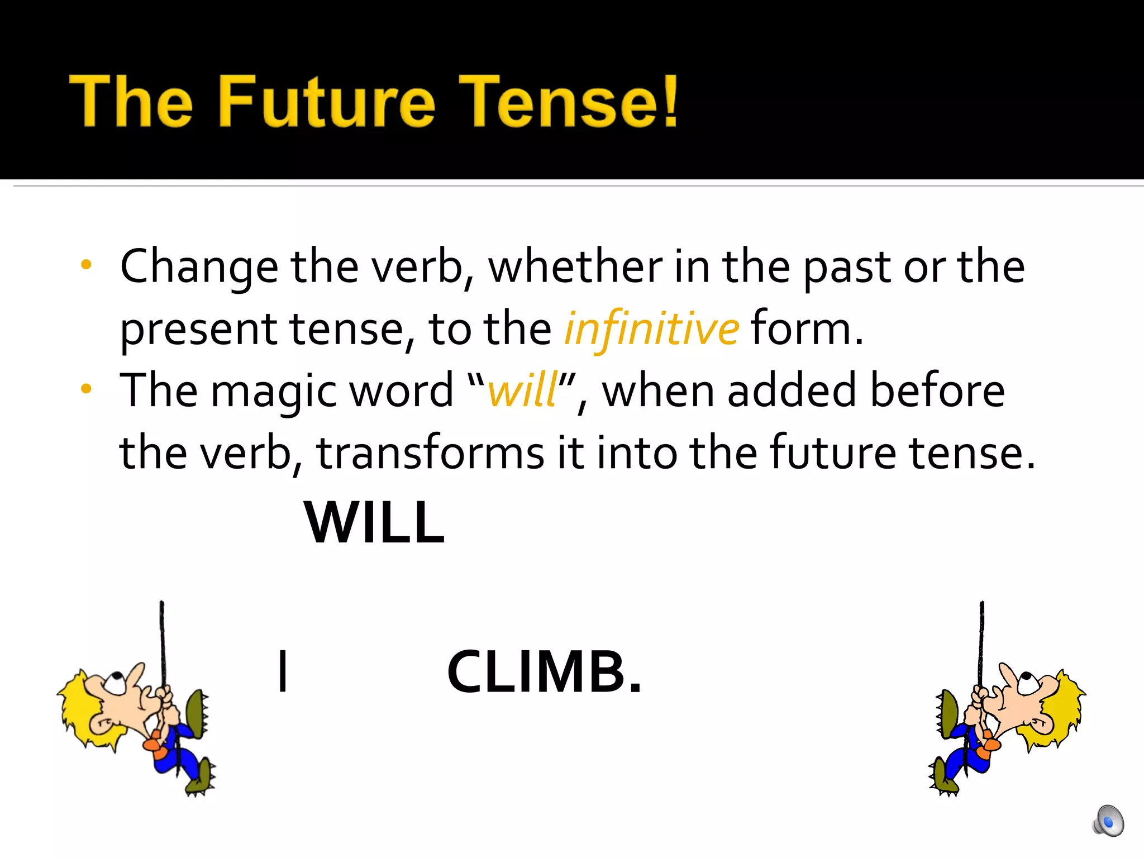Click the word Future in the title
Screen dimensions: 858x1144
coord(327,102)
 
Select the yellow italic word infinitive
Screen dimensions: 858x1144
coord(651,329)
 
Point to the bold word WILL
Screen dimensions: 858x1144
coord(374,522)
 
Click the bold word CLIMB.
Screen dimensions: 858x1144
coord(544,672)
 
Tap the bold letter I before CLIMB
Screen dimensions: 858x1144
coord(283,672)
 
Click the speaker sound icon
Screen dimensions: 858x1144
coord(1108,822)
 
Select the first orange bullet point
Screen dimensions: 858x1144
coord(85,265)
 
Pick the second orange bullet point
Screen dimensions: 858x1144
coord(85,389)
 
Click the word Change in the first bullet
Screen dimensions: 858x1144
coord(199,267)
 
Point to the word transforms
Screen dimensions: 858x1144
coord(430,452)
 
